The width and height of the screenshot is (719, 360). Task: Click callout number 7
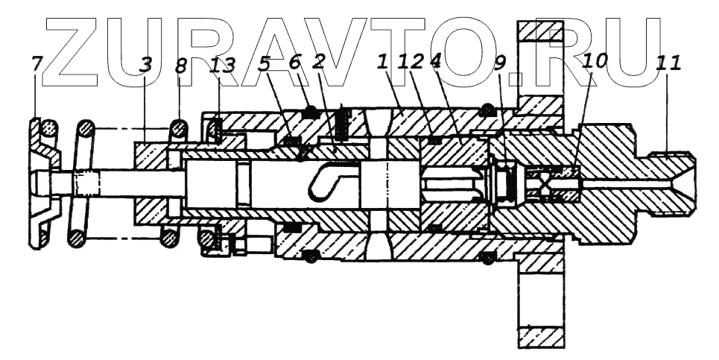[37, 64]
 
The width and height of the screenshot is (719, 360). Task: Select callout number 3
[145, 65]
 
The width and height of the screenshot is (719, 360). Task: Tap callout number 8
[181, 66]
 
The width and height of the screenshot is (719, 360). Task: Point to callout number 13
[224, 66]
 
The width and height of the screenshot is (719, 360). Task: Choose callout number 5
[265, 64]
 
